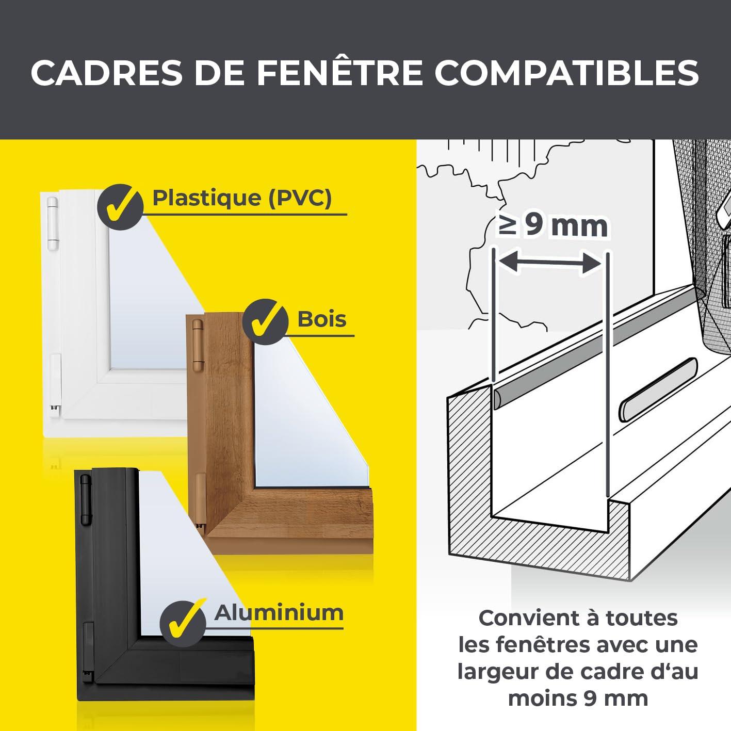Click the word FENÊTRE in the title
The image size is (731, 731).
pos(339,73)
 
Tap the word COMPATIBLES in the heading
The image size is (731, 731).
pos(566,73)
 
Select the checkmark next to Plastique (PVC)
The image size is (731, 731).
pos(120,207)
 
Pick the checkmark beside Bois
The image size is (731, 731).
pos(265,321)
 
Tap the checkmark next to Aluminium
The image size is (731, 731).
pos(183,623)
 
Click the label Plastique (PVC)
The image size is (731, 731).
pos(242,198)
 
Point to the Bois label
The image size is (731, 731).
pos(322,319)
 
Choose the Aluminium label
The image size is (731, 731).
pos(279,613)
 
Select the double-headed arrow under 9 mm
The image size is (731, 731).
pos(550,262)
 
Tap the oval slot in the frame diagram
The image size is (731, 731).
pos(658,391)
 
